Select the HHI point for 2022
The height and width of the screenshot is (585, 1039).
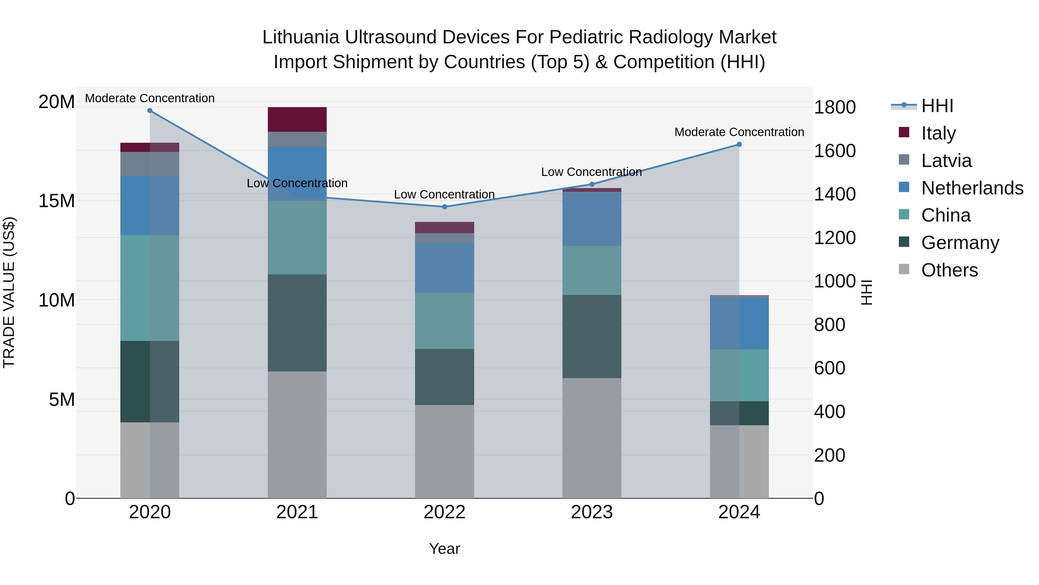(444, 207)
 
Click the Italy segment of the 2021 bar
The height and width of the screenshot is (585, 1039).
(297, 120)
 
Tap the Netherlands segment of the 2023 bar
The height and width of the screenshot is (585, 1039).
(592, 219)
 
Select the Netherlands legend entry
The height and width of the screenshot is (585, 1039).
(972, 188)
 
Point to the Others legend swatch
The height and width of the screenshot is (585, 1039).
(904, 269)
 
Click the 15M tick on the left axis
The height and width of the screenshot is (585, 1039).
(57, 201)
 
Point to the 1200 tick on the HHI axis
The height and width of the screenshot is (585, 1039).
(834, 237)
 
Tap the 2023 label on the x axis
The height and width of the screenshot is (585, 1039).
(592, 512)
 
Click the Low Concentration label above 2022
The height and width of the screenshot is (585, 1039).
(444, 195)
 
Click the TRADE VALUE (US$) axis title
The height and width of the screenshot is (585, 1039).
(9, 292)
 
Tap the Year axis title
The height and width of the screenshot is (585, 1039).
(444, 549)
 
